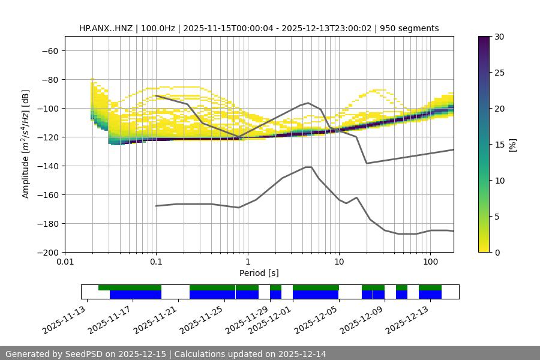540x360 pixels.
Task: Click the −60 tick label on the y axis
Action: tap(49, 50)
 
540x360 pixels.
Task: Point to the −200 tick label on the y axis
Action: tap(47, 252)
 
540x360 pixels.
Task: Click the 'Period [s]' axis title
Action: tap(259, 274)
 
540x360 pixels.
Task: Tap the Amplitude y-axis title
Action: tap(26, 144)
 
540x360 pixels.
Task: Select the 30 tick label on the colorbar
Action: tap(499, 37)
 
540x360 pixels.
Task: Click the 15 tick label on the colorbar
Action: tap(499, 145)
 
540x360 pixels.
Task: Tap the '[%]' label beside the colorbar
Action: tap(512, 145)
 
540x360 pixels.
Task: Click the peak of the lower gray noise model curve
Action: tap(308, 167)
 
